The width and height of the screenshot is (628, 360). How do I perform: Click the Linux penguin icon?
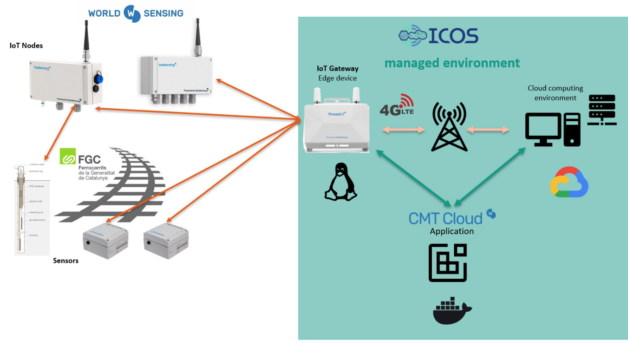340,182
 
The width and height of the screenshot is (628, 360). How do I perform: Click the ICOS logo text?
453,36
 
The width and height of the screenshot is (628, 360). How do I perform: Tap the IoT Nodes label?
26,46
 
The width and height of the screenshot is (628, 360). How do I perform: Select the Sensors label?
65,261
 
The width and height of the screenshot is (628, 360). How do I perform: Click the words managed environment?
452,63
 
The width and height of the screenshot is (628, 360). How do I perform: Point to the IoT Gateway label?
338,69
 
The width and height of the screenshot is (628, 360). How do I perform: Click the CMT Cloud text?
445,218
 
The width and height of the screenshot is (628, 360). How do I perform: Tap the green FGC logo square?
68,156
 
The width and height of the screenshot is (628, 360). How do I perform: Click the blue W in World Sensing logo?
131,13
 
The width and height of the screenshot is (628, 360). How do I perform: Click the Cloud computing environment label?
555,93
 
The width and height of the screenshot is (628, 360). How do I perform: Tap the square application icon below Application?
447,263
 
